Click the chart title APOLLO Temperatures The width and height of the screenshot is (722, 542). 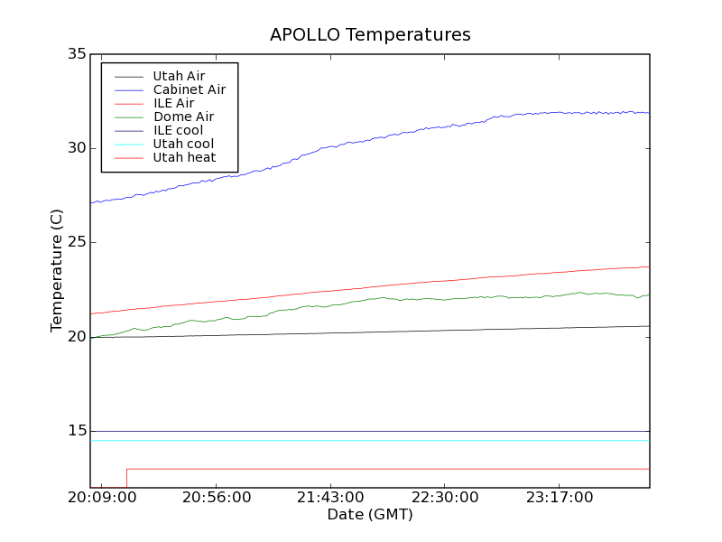click(370, 35)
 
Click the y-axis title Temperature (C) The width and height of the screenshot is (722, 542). click(57, 270)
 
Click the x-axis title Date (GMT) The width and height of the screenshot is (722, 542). click(370, 514)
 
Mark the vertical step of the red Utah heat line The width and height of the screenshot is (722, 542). click(126, 478)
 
